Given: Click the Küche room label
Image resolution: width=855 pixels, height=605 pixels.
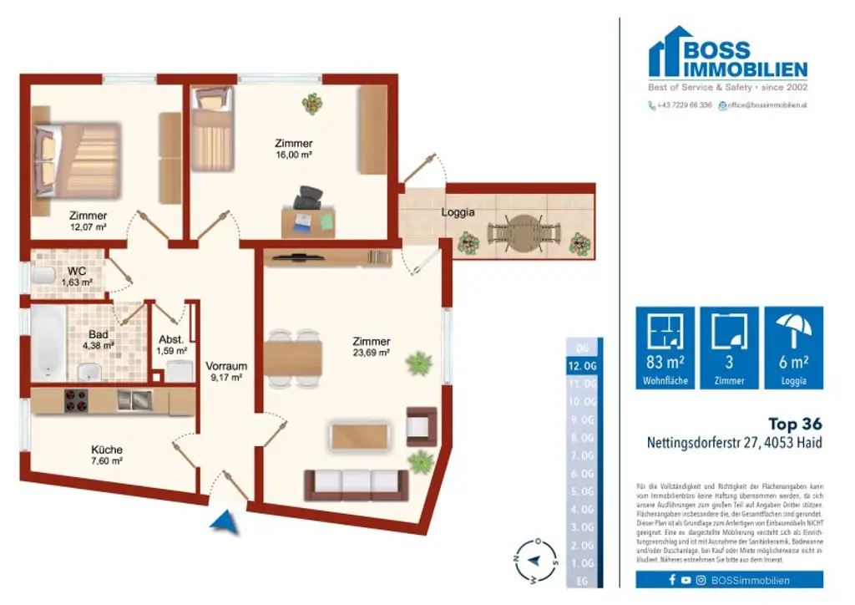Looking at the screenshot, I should [x=107, y=450].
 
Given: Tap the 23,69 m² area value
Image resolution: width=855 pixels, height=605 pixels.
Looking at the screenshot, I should [x=372, y=353].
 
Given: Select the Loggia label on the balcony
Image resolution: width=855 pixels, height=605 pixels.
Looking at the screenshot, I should [x=458, y=212].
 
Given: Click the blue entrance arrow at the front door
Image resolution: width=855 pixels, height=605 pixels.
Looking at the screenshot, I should [x=223, y=522].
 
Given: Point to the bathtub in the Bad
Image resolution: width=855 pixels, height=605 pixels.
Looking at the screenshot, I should [x=46, y=341].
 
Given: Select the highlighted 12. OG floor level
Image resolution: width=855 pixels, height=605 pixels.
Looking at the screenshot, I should [x=581, y=366].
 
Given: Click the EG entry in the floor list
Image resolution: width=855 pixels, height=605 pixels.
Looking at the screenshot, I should [x=582, y=580].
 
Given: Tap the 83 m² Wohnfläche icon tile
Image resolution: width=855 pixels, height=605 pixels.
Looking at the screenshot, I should [x=665, y=348].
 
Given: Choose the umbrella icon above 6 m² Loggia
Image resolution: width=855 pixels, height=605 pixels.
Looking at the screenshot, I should [x=794, y=330].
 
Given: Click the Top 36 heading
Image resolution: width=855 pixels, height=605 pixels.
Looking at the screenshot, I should [x=794, y=425].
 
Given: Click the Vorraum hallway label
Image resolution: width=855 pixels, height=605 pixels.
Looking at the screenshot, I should [x=227, y=366].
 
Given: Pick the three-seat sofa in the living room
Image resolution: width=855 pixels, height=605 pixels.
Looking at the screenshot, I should [x=356, y=484].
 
